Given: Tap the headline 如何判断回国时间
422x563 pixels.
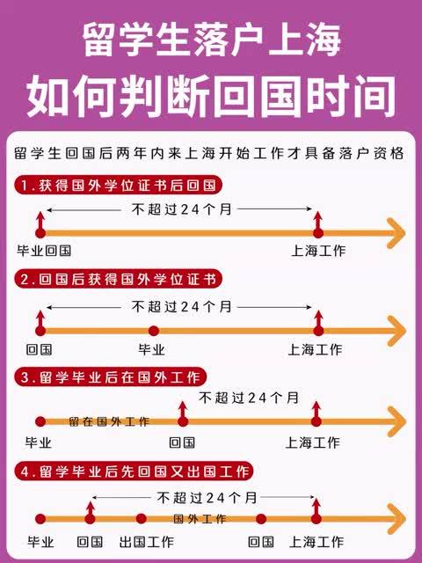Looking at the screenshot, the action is [211, 96].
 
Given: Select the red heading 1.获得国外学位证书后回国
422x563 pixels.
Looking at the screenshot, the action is [119, 186].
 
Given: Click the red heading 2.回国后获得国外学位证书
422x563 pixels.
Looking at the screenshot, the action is [119, 279].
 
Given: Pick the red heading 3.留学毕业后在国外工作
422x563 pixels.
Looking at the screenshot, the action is [111, 377].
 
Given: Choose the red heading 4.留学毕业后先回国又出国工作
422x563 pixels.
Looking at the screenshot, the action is [135, 472].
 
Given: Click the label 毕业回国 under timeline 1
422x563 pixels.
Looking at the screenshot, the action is [44, 251].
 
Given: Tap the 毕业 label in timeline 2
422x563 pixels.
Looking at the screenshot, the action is [151, 349].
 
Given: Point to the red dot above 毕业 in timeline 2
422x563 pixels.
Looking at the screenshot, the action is [154, 331].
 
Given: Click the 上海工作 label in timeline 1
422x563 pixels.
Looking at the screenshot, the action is [318, 251].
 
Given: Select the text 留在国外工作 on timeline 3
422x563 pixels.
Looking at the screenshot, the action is [109, 421].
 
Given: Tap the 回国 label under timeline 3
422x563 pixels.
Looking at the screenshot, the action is [182, 442].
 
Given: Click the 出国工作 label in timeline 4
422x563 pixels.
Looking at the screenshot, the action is [147, 542].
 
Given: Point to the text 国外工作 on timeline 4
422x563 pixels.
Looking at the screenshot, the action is [200, 519].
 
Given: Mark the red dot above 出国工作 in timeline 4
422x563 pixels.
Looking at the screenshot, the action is [142, 518].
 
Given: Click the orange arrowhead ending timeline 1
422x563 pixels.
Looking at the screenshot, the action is [396, 233].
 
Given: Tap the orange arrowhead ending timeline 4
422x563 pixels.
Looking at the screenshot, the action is [397, 518].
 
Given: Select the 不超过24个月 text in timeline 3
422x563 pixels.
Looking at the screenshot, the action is [249, 398].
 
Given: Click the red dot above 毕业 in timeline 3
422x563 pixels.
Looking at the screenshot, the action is [40, 421].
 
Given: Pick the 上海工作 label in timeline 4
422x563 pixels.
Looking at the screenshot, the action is [316, 542].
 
